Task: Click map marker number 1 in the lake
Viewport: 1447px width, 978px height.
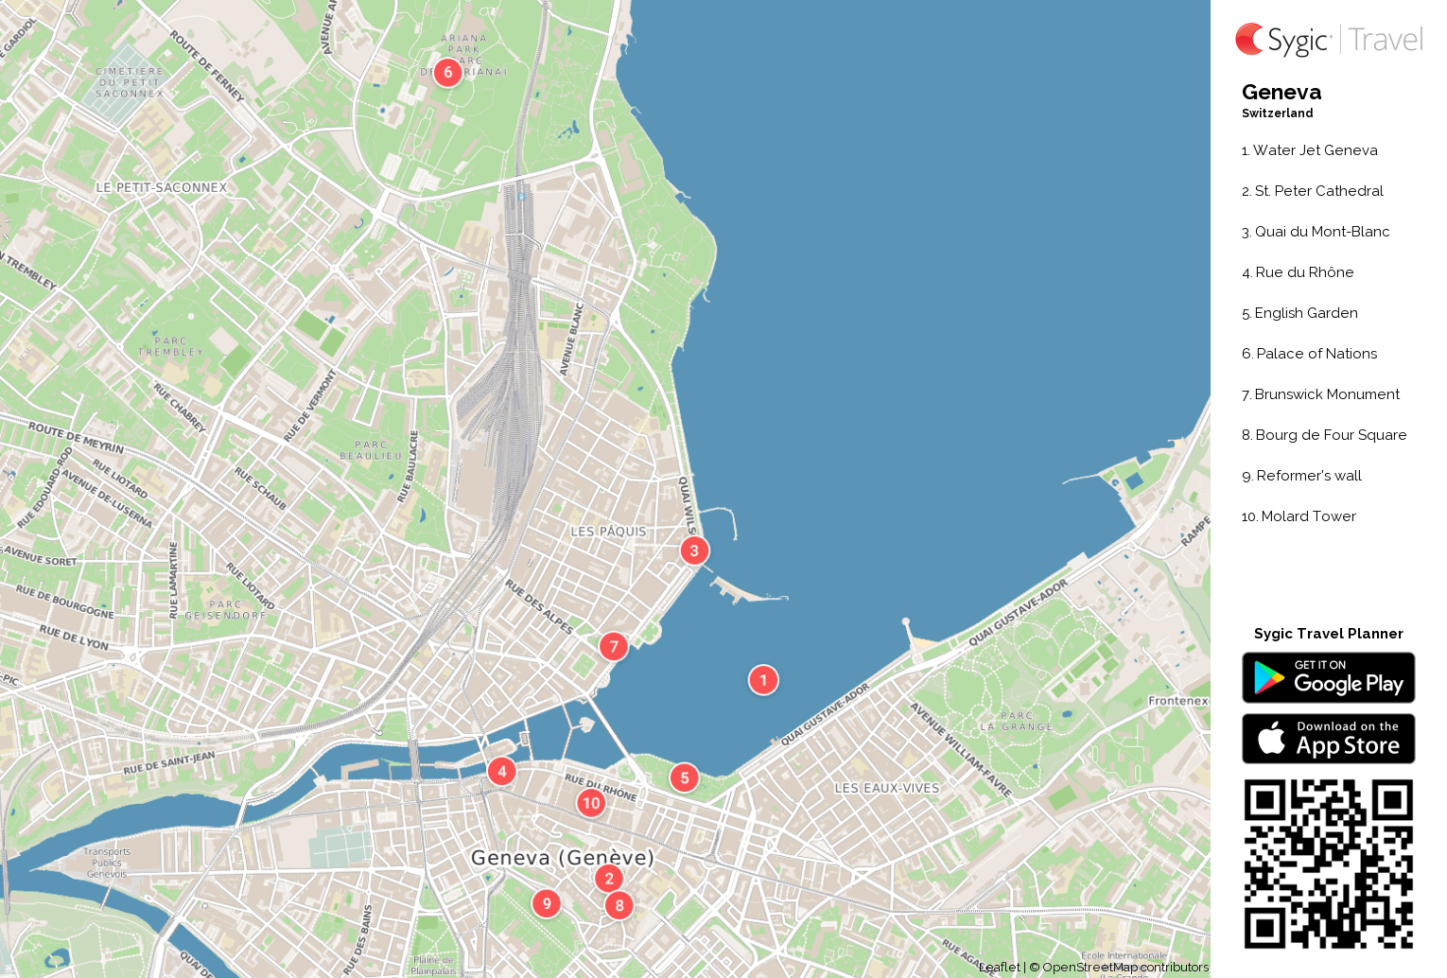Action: pyautogui.click(x=763, y=680)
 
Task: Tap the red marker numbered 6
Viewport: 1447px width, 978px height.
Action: pyautogui.click(x=448, y=72)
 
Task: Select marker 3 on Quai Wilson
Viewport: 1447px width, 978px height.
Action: pyautogui.click(x=694, y=550)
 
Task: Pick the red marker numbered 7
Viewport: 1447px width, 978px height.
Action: pyautogui.click(x=614, y=646)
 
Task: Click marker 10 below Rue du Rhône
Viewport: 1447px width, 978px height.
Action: pyautogui.click(x=591, y=803)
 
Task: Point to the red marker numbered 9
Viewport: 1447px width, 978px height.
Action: pyautogui.click(x=547, y=903)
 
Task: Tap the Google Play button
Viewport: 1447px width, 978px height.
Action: pyautogui.click(x=1328, y=677)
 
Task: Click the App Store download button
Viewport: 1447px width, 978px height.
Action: pyautogui.click(x=1328, y=738)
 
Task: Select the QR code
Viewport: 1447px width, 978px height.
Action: pyautogui.click(x=1328, y=863)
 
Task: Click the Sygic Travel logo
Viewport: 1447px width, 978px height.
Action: pyautogui.click(x=1328, y=40)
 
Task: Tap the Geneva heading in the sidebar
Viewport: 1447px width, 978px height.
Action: pyautogui.click(x=1281, y=93)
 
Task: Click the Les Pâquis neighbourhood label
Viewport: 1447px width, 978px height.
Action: pyautogui.click(x=608, y=532)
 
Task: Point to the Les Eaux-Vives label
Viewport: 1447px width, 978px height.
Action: pyautogui.click(x=887, y=788)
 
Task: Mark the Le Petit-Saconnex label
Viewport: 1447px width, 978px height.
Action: pyautogui.click(x=162, y=187)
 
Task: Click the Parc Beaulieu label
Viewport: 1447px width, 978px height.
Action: pyautogui.click(x=371, y=450)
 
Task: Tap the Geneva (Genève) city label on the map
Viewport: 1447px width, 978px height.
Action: pyautogui.click(x=563, y=858)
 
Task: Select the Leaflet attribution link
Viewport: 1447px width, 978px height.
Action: pyautogui.click(x=1000, y=967)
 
